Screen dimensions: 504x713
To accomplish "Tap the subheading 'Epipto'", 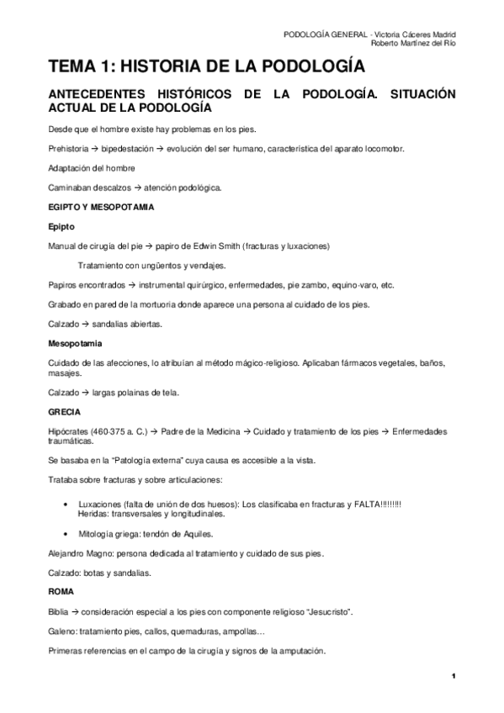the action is (x=62, y=226).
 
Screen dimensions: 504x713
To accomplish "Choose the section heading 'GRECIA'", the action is (x=64, y=412).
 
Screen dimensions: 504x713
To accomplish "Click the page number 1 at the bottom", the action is (x=453, y=676).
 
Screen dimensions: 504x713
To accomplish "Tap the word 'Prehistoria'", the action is (x=67, y=148).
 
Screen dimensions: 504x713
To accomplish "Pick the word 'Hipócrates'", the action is (x=69, y=431).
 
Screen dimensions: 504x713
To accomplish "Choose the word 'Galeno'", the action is (x=62, y=631).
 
